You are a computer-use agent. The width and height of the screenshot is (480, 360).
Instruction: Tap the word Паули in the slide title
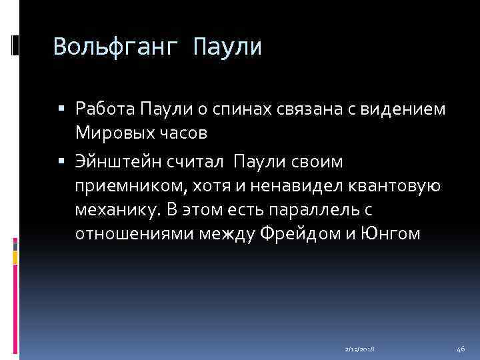coord(227,47)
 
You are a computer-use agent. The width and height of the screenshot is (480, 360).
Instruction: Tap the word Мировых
coord(115,132)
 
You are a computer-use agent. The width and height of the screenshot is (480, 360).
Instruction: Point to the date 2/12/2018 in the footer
coord(359,349)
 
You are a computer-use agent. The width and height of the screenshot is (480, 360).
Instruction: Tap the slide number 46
coord(461,349)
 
